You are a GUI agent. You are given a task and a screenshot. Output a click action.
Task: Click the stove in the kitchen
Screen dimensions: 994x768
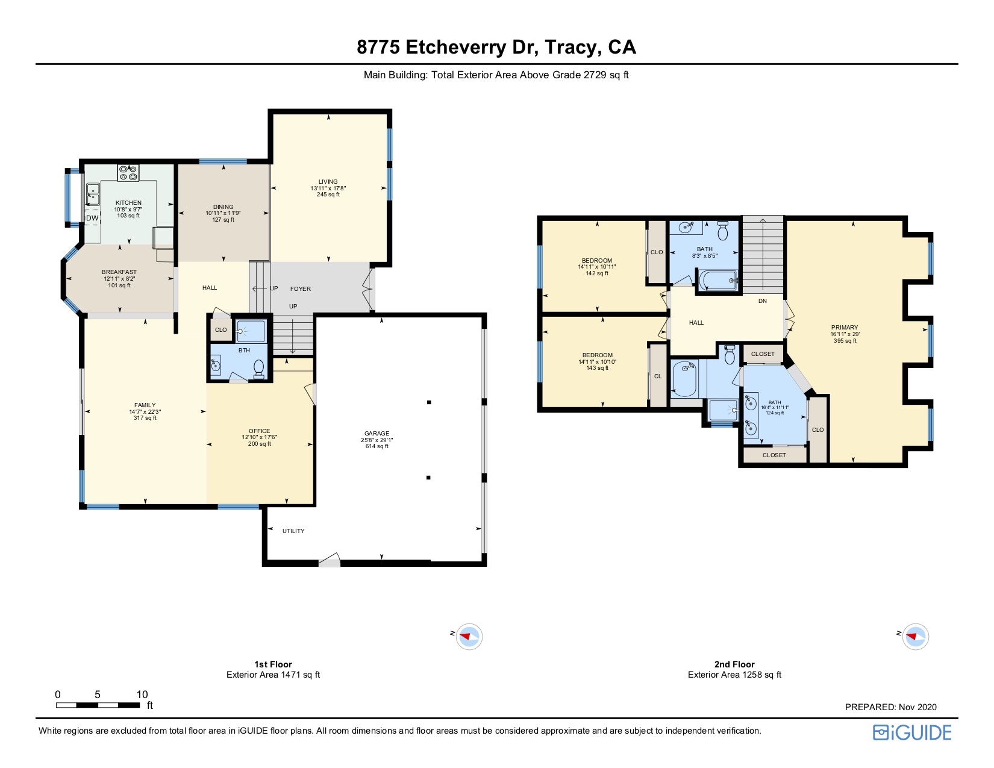[x=128, y=173]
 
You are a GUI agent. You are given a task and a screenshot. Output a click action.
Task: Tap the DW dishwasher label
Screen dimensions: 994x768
[x=92, y=218]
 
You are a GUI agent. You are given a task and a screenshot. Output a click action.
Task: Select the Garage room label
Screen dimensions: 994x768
[x=377, y=434]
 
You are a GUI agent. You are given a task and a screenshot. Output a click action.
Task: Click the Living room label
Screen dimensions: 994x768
[x=328, y=182]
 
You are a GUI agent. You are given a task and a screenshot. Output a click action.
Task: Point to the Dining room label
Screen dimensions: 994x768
[x=223, y=207]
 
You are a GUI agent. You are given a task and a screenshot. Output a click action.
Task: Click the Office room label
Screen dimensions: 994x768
[x=260, y=431]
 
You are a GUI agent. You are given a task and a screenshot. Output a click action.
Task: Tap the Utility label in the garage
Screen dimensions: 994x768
[x=293, y=531]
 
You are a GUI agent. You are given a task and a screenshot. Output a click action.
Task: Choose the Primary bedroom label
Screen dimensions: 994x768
[x=845, y=328]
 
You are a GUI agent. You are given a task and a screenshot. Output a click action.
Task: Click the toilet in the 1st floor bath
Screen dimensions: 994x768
[x=259, y=367]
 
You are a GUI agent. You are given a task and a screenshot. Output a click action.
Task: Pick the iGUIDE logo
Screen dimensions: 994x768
[x=912, y=732]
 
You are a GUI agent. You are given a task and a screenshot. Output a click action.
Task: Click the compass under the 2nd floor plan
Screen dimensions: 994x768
[x=915, y=636]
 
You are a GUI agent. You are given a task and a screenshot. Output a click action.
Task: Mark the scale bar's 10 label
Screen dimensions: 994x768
[x=142, y=695]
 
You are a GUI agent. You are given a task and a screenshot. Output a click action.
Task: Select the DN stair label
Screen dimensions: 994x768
[x=763, y=301]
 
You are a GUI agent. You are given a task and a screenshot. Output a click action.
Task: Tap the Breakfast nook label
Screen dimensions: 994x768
[x=119, y=272]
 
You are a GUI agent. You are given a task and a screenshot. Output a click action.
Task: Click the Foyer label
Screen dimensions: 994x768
[x=301, y=289]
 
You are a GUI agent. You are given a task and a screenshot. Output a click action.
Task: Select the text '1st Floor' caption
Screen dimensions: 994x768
[x=273, y=664]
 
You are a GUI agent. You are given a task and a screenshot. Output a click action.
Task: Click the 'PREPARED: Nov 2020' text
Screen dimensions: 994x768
[x=890, y=707]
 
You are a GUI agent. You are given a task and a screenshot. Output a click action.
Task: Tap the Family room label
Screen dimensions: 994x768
[x=145, y=405]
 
